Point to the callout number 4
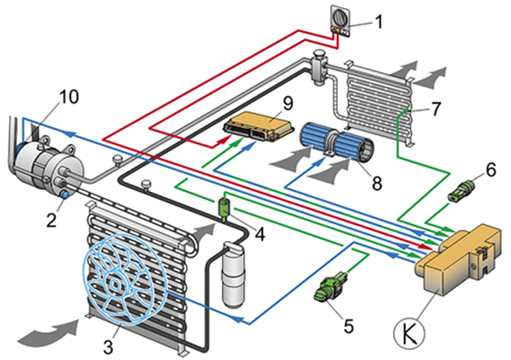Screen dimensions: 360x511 pyautogui.click(x=260, y=234)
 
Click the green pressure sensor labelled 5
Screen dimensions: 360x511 pyautogui.click(x=328, y=286)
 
